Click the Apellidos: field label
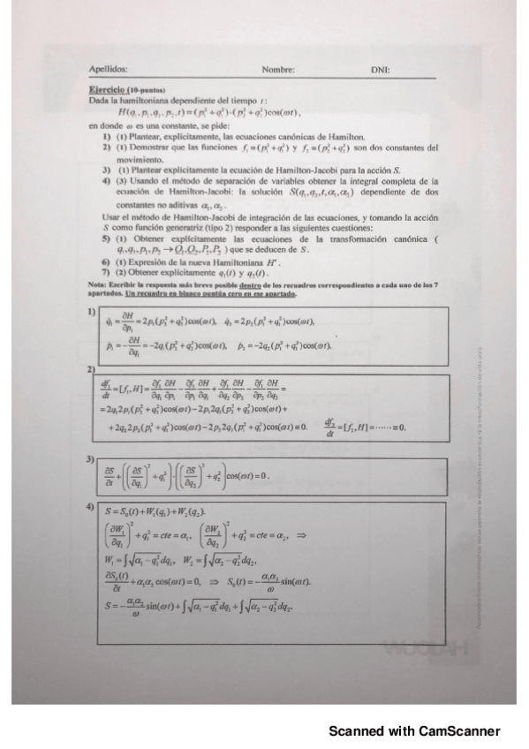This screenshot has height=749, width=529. [x=109, y=69]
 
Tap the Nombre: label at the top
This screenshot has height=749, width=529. [x=277, y=69]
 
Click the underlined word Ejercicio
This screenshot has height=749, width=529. [x=107, y=90]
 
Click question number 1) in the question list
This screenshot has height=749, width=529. [x=106, y=137]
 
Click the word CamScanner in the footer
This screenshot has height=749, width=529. [x=459, y=730]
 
